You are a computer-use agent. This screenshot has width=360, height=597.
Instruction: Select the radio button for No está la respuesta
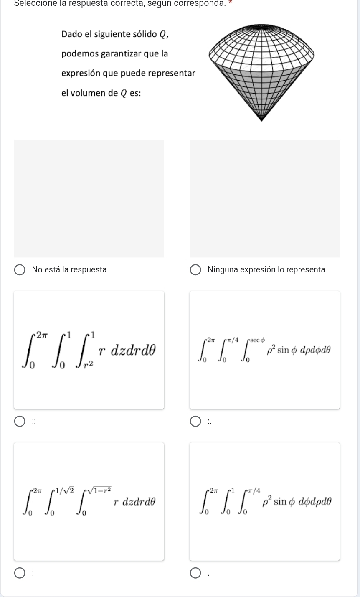pyautogui.click(x=20, y=270)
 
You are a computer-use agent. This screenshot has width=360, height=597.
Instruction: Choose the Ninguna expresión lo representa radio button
pyautogui.click(x=195, y=270)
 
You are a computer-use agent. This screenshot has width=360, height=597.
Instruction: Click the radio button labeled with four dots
pyautogui.click(x=20, y=422)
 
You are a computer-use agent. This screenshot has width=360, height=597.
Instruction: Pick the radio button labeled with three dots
pyautogui.click(x=195, y=422)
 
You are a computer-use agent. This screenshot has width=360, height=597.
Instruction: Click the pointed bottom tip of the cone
pyautogui.click(x=262, y=120)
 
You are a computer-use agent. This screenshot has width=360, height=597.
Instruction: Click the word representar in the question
pyautogui.click(x=172, y=73)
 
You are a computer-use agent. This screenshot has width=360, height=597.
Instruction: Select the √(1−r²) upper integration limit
pyautogui.click(x=100, y=489)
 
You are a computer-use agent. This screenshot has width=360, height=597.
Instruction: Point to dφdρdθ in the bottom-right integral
pyautogui.click(x=315, y=502)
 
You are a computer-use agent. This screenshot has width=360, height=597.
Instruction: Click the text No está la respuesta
pyautogui.click(x=69, y=269)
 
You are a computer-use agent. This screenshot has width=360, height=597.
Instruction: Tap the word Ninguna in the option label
pyautogui.click(x=223, y=270)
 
